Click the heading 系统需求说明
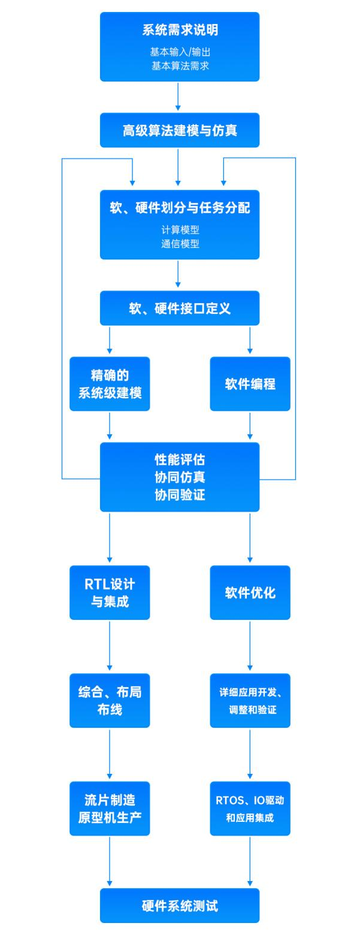click(180, 30)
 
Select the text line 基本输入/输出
click(180, 52)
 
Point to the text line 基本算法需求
click(180, 66)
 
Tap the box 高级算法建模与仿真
click(180, 130)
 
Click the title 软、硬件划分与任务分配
click(180, 208)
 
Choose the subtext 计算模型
click(180, 229)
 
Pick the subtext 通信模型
click(180, 244)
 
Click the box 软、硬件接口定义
click(180, 308)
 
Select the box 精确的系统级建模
click(110, 384)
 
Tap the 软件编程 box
click(250, 384)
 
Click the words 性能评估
click(180, 460)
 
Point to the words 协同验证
click(180, 495)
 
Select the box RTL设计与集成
click(110, 592)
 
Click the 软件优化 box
click(250, 592)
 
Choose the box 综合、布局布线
click(110, 701)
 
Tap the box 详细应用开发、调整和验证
click(250, 701)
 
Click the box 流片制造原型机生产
click(110, 809)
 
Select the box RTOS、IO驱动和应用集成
click(250, 809)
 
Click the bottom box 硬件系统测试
click(180, 905)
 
